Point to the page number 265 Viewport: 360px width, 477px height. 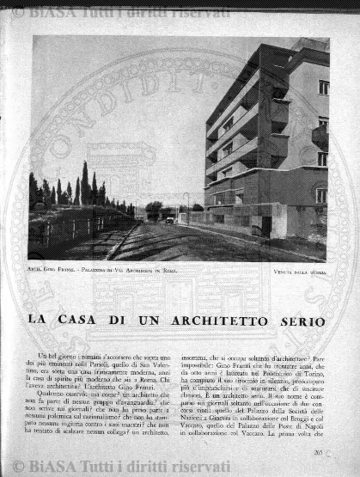[x=319, y=451]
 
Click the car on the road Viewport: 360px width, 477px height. [x=169, y=220]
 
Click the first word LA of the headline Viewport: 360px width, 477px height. [x=38, y=321]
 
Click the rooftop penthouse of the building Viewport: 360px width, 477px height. [x=309, y=46]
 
